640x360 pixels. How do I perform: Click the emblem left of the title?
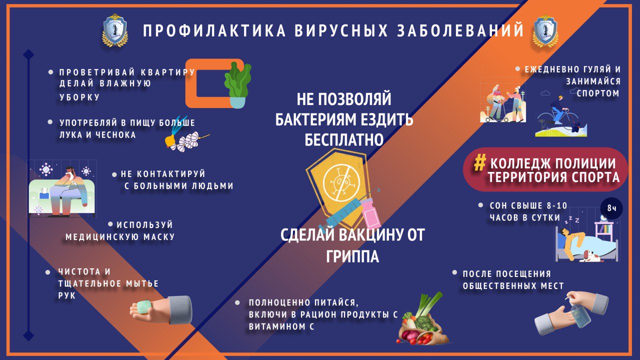115,30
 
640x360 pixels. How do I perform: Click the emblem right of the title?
545,30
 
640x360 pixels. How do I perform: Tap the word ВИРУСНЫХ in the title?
341,30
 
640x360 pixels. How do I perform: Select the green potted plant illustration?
237,85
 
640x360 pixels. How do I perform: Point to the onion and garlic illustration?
185,134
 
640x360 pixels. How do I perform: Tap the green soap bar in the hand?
143,307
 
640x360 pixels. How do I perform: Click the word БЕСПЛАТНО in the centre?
343,140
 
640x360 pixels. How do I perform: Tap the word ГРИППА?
352,256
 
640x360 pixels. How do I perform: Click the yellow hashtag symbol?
479,163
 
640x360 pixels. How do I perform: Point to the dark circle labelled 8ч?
611,208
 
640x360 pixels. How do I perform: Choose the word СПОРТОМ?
597,93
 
